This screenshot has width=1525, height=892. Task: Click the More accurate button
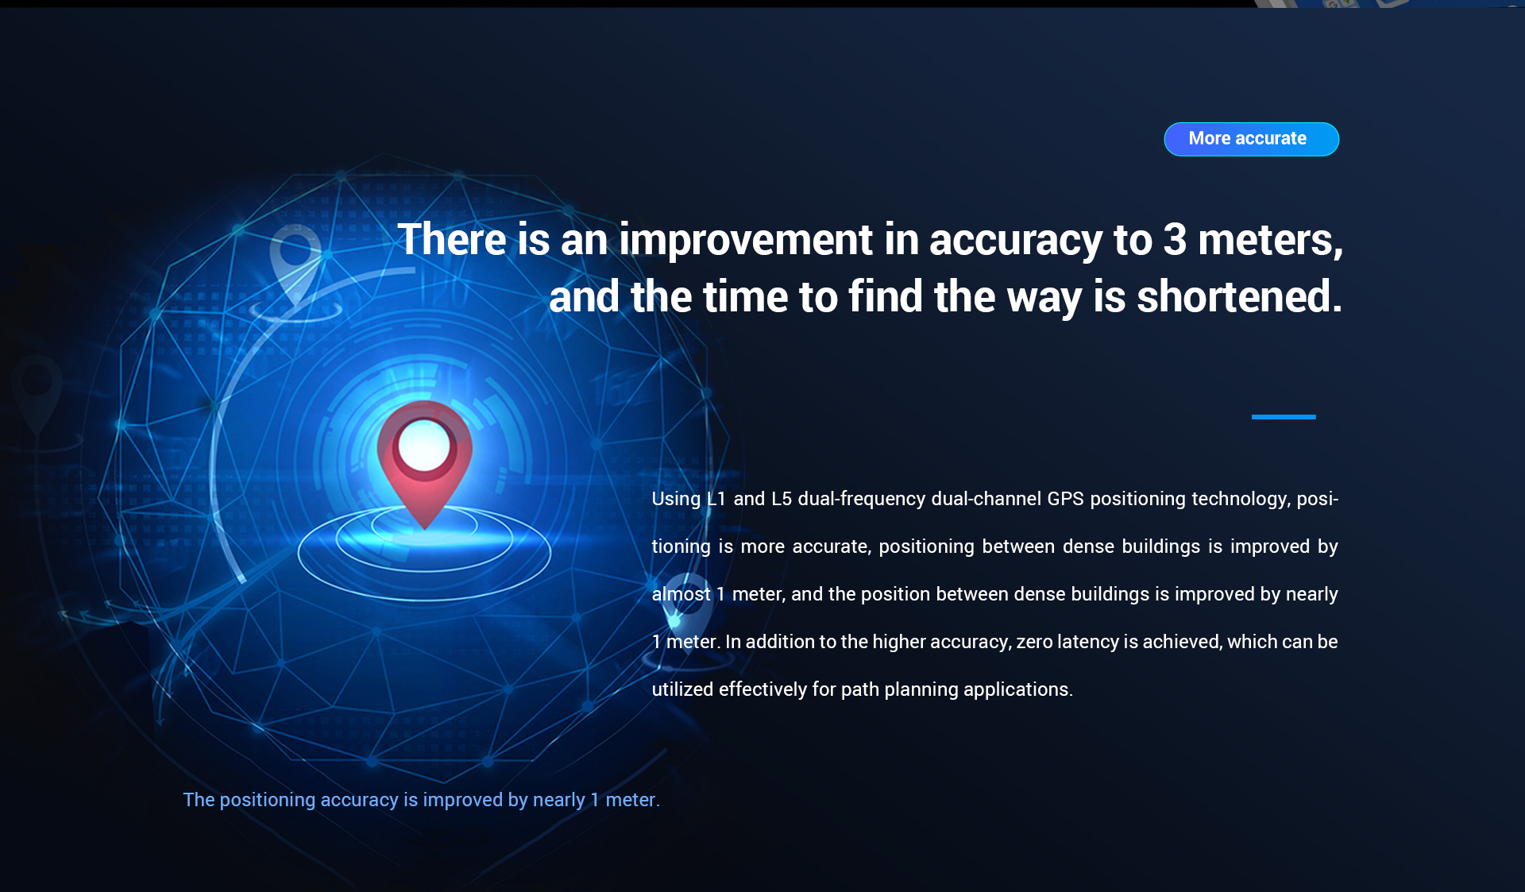coord(1251,139)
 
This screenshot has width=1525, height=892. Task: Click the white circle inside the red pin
coord(424,446)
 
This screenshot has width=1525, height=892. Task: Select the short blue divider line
coord(1284,417)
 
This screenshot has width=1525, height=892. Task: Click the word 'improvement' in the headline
coord(746,240)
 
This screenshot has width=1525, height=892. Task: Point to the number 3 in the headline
coord(1175,240)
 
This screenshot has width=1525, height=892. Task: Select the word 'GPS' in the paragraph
coord(1065,499)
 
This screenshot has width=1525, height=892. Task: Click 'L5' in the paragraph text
coord(782,499)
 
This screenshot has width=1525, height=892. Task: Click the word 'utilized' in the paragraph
coord(682,689)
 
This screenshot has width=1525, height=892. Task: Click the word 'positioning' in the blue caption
coord(268,801)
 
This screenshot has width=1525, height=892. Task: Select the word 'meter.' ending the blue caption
coord(633,800)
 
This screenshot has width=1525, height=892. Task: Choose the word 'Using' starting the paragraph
coord(676,500)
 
